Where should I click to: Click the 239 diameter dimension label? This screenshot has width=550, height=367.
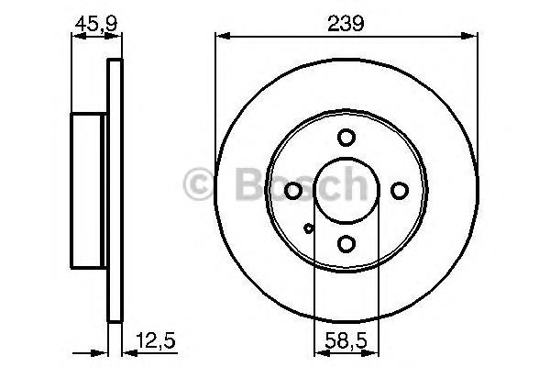pyautogui.click(x=346, y=23)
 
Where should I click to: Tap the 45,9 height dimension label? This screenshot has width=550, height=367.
pyautogui.click(x=96, y=24)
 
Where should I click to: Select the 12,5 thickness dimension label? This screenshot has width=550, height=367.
pyautogui.click(x=156, y=340)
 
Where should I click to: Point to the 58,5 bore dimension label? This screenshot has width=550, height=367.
pyautogui.click(x=346, y=340)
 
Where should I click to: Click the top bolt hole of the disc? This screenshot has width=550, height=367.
pyautogui.click(x=346, y=138)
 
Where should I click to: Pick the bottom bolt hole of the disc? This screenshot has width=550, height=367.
pyautogui.click(x=346, y=244)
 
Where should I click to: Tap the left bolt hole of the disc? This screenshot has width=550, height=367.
pyautogui.click(x=293, y=191)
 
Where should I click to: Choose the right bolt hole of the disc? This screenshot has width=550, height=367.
pyautogui.click(x=400, y=191)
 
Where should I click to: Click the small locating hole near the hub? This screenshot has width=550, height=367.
pyautogui.click(x=308, y=229)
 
